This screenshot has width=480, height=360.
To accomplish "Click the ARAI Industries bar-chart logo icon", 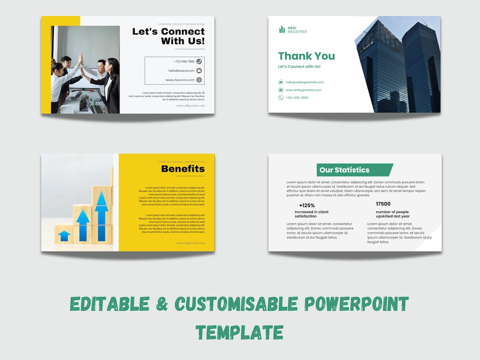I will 282,29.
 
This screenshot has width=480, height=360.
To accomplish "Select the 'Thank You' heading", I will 306,56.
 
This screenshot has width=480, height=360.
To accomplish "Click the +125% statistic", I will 307,205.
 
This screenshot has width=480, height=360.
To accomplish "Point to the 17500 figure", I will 383,204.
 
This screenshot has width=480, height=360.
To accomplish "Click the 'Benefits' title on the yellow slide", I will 183,169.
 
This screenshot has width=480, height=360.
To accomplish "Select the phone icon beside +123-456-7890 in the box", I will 199,61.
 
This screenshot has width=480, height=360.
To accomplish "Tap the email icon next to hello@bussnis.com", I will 199,71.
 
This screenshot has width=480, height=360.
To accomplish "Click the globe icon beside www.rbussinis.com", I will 199,80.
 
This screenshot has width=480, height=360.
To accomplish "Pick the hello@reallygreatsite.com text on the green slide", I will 304,83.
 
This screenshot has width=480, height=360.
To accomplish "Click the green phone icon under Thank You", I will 281,98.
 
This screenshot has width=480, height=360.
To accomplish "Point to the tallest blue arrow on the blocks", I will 101,216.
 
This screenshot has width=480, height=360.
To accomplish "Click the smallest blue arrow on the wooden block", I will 64,235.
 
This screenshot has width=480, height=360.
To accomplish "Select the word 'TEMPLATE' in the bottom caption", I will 239,332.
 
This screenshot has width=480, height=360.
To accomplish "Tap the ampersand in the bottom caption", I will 163,304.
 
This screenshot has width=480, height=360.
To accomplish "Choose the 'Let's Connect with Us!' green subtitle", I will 299,67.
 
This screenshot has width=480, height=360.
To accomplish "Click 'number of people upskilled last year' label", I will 392,214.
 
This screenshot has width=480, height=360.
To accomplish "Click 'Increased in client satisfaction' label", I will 312,214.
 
